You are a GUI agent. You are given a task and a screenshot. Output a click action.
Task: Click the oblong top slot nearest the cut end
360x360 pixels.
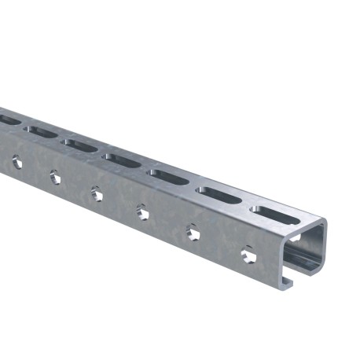(275, 214)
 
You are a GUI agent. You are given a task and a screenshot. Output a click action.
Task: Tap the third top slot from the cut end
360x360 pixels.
(169, 177)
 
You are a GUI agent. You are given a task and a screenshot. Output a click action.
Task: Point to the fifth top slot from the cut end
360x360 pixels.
(81, 145)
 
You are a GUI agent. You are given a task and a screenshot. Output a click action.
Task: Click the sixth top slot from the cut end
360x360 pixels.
(42, 131)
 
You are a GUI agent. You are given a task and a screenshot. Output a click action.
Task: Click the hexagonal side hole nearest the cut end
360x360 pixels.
(248, 255)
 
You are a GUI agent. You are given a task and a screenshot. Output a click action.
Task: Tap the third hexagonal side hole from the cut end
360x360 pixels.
(142, 211)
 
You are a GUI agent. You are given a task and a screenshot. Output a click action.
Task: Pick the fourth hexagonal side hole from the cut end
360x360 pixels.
(97, 193)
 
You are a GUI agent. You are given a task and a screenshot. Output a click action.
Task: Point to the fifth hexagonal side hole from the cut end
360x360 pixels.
(55, 177)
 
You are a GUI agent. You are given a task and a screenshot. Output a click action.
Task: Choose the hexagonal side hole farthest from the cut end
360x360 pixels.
(17, 163)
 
